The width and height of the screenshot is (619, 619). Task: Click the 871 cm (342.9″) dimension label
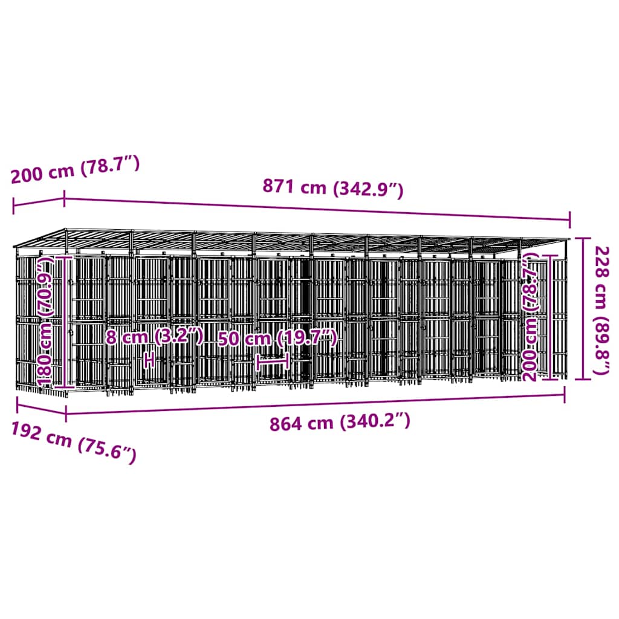coord(333,188)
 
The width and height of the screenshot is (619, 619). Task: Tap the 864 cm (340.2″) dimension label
coord(340,421)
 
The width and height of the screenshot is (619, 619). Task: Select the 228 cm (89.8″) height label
coord(602,310)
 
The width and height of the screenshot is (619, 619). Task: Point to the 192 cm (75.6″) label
coord(74,441)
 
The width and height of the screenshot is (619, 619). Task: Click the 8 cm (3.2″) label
coord(154,337)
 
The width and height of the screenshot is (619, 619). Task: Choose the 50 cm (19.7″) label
coord(278,338)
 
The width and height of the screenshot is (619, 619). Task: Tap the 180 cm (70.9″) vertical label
coord(45,321)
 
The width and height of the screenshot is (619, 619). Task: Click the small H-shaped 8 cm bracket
coord(149,360)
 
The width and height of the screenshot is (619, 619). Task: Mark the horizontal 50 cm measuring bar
coord(273,362)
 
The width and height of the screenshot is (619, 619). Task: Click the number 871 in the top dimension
coord(277,186)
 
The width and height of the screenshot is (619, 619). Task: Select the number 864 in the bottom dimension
coord(285,424)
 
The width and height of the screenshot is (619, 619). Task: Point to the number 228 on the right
coord(602,261)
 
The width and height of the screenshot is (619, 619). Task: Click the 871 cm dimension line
coord(317,210)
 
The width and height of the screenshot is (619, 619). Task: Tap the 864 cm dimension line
coord(315,403)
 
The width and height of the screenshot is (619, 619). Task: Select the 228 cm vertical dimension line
coord(583,308)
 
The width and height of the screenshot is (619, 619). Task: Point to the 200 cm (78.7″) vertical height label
coord(531,318)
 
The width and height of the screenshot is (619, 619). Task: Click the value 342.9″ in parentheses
coord(368,190)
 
